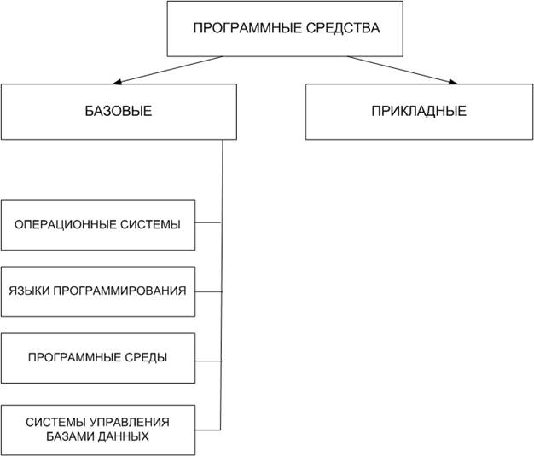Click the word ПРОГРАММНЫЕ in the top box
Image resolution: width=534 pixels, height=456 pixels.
point(247,28)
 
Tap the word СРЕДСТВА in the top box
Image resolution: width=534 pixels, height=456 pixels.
point(343,28)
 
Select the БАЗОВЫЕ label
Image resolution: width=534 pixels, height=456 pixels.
point(119,112)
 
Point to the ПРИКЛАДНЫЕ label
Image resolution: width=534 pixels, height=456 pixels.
point(419,112)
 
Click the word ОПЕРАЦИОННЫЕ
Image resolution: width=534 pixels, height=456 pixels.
point(66,225)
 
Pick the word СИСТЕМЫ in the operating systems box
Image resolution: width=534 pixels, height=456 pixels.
point(150,225)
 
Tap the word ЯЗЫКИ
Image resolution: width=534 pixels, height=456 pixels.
point(30,291)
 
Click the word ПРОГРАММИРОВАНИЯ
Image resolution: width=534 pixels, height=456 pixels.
point(120,291)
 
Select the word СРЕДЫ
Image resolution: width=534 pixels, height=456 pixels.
point(146,358)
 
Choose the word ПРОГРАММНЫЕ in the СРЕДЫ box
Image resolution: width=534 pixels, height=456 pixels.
point(74,358)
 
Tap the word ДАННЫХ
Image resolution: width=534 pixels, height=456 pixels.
point(122,436)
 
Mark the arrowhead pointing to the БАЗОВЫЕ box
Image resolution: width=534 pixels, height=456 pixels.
point(118,82)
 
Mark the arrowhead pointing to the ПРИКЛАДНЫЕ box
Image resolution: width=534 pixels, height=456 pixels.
point(453,82)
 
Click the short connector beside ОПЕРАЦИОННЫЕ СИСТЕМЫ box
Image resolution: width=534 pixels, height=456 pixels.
point(208,222)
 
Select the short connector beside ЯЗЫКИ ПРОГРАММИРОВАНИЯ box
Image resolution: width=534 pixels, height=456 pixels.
point(208,291)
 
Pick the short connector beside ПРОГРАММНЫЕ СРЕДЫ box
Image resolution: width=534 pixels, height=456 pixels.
point(208,361)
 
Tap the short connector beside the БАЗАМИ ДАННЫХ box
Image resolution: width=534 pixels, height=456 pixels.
point(208,430)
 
